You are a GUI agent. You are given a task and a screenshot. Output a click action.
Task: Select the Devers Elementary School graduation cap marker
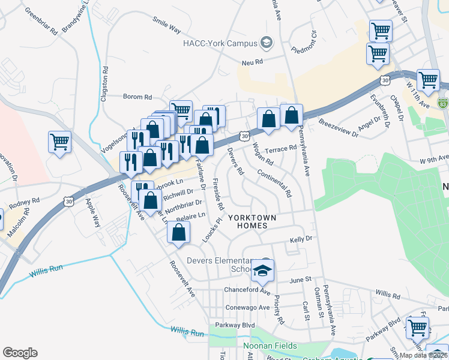263,271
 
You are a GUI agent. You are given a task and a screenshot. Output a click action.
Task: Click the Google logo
20,353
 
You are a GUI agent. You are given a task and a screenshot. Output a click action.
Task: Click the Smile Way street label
166,28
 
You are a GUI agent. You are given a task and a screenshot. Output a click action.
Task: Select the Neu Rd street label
253,61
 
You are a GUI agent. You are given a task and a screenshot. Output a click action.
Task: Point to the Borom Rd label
137,96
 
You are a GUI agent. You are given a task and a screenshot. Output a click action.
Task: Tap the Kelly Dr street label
301,239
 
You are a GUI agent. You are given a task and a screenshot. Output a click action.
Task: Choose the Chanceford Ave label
246,291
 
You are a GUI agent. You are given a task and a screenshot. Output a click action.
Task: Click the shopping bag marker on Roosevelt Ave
178,233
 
